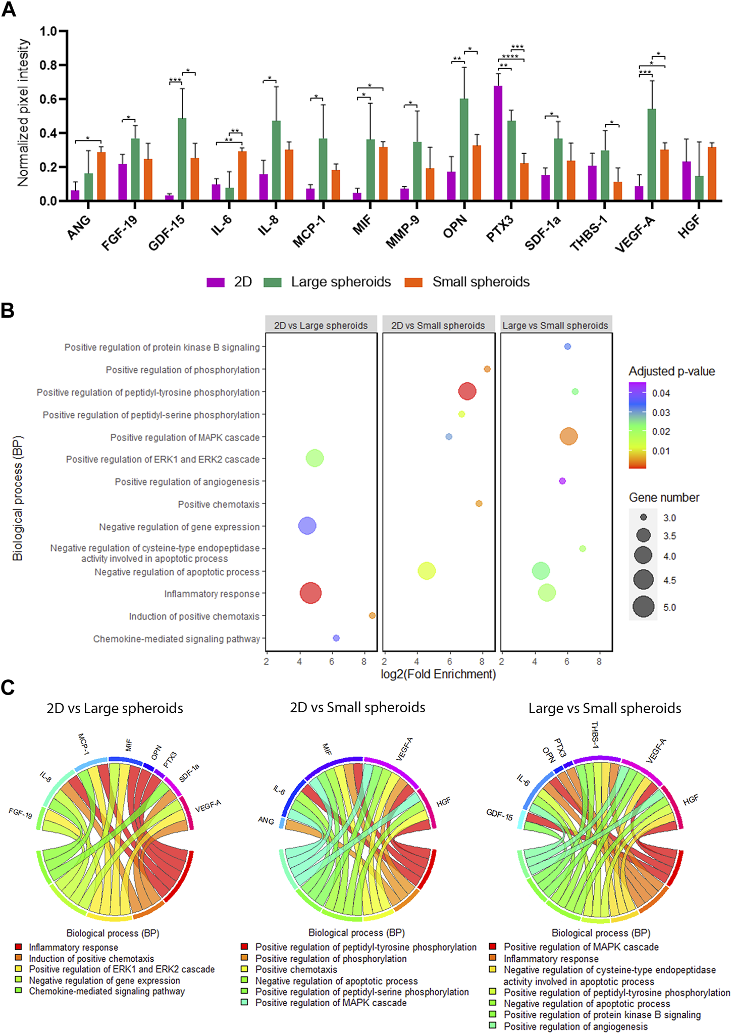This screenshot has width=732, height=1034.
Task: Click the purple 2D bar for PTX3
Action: (x=498, y=143)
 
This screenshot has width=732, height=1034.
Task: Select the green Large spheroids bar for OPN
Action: (x=464, y=150)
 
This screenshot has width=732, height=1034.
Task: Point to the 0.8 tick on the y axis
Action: (x=48, y=65)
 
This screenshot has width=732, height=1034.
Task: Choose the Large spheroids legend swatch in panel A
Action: (x=273, y=282)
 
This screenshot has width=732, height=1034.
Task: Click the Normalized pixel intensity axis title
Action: (x=23, y=114)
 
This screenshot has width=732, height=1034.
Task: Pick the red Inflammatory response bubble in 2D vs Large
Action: (x=310, y=593)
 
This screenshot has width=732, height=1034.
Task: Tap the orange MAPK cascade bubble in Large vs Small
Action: (x=568, y=436)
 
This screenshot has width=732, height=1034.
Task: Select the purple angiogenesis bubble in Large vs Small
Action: (x=562, y=481)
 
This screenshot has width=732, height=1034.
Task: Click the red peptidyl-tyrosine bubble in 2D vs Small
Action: (x=467, y=391)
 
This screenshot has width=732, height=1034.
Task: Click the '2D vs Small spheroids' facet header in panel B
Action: (x=438, y=325)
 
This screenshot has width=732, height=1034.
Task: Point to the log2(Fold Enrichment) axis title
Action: (x=438, y=674)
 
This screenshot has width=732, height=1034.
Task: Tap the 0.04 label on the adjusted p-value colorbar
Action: (x=661, y=393)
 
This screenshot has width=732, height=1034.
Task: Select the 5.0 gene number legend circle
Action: (x=644, y=607)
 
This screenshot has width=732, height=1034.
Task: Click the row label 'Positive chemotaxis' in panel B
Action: (x=219, y=504)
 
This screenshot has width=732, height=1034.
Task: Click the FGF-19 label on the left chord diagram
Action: (x=21, y=813)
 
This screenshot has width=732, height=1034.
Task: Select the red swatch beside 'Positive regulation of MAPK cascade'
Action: (x=493, y=947)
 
